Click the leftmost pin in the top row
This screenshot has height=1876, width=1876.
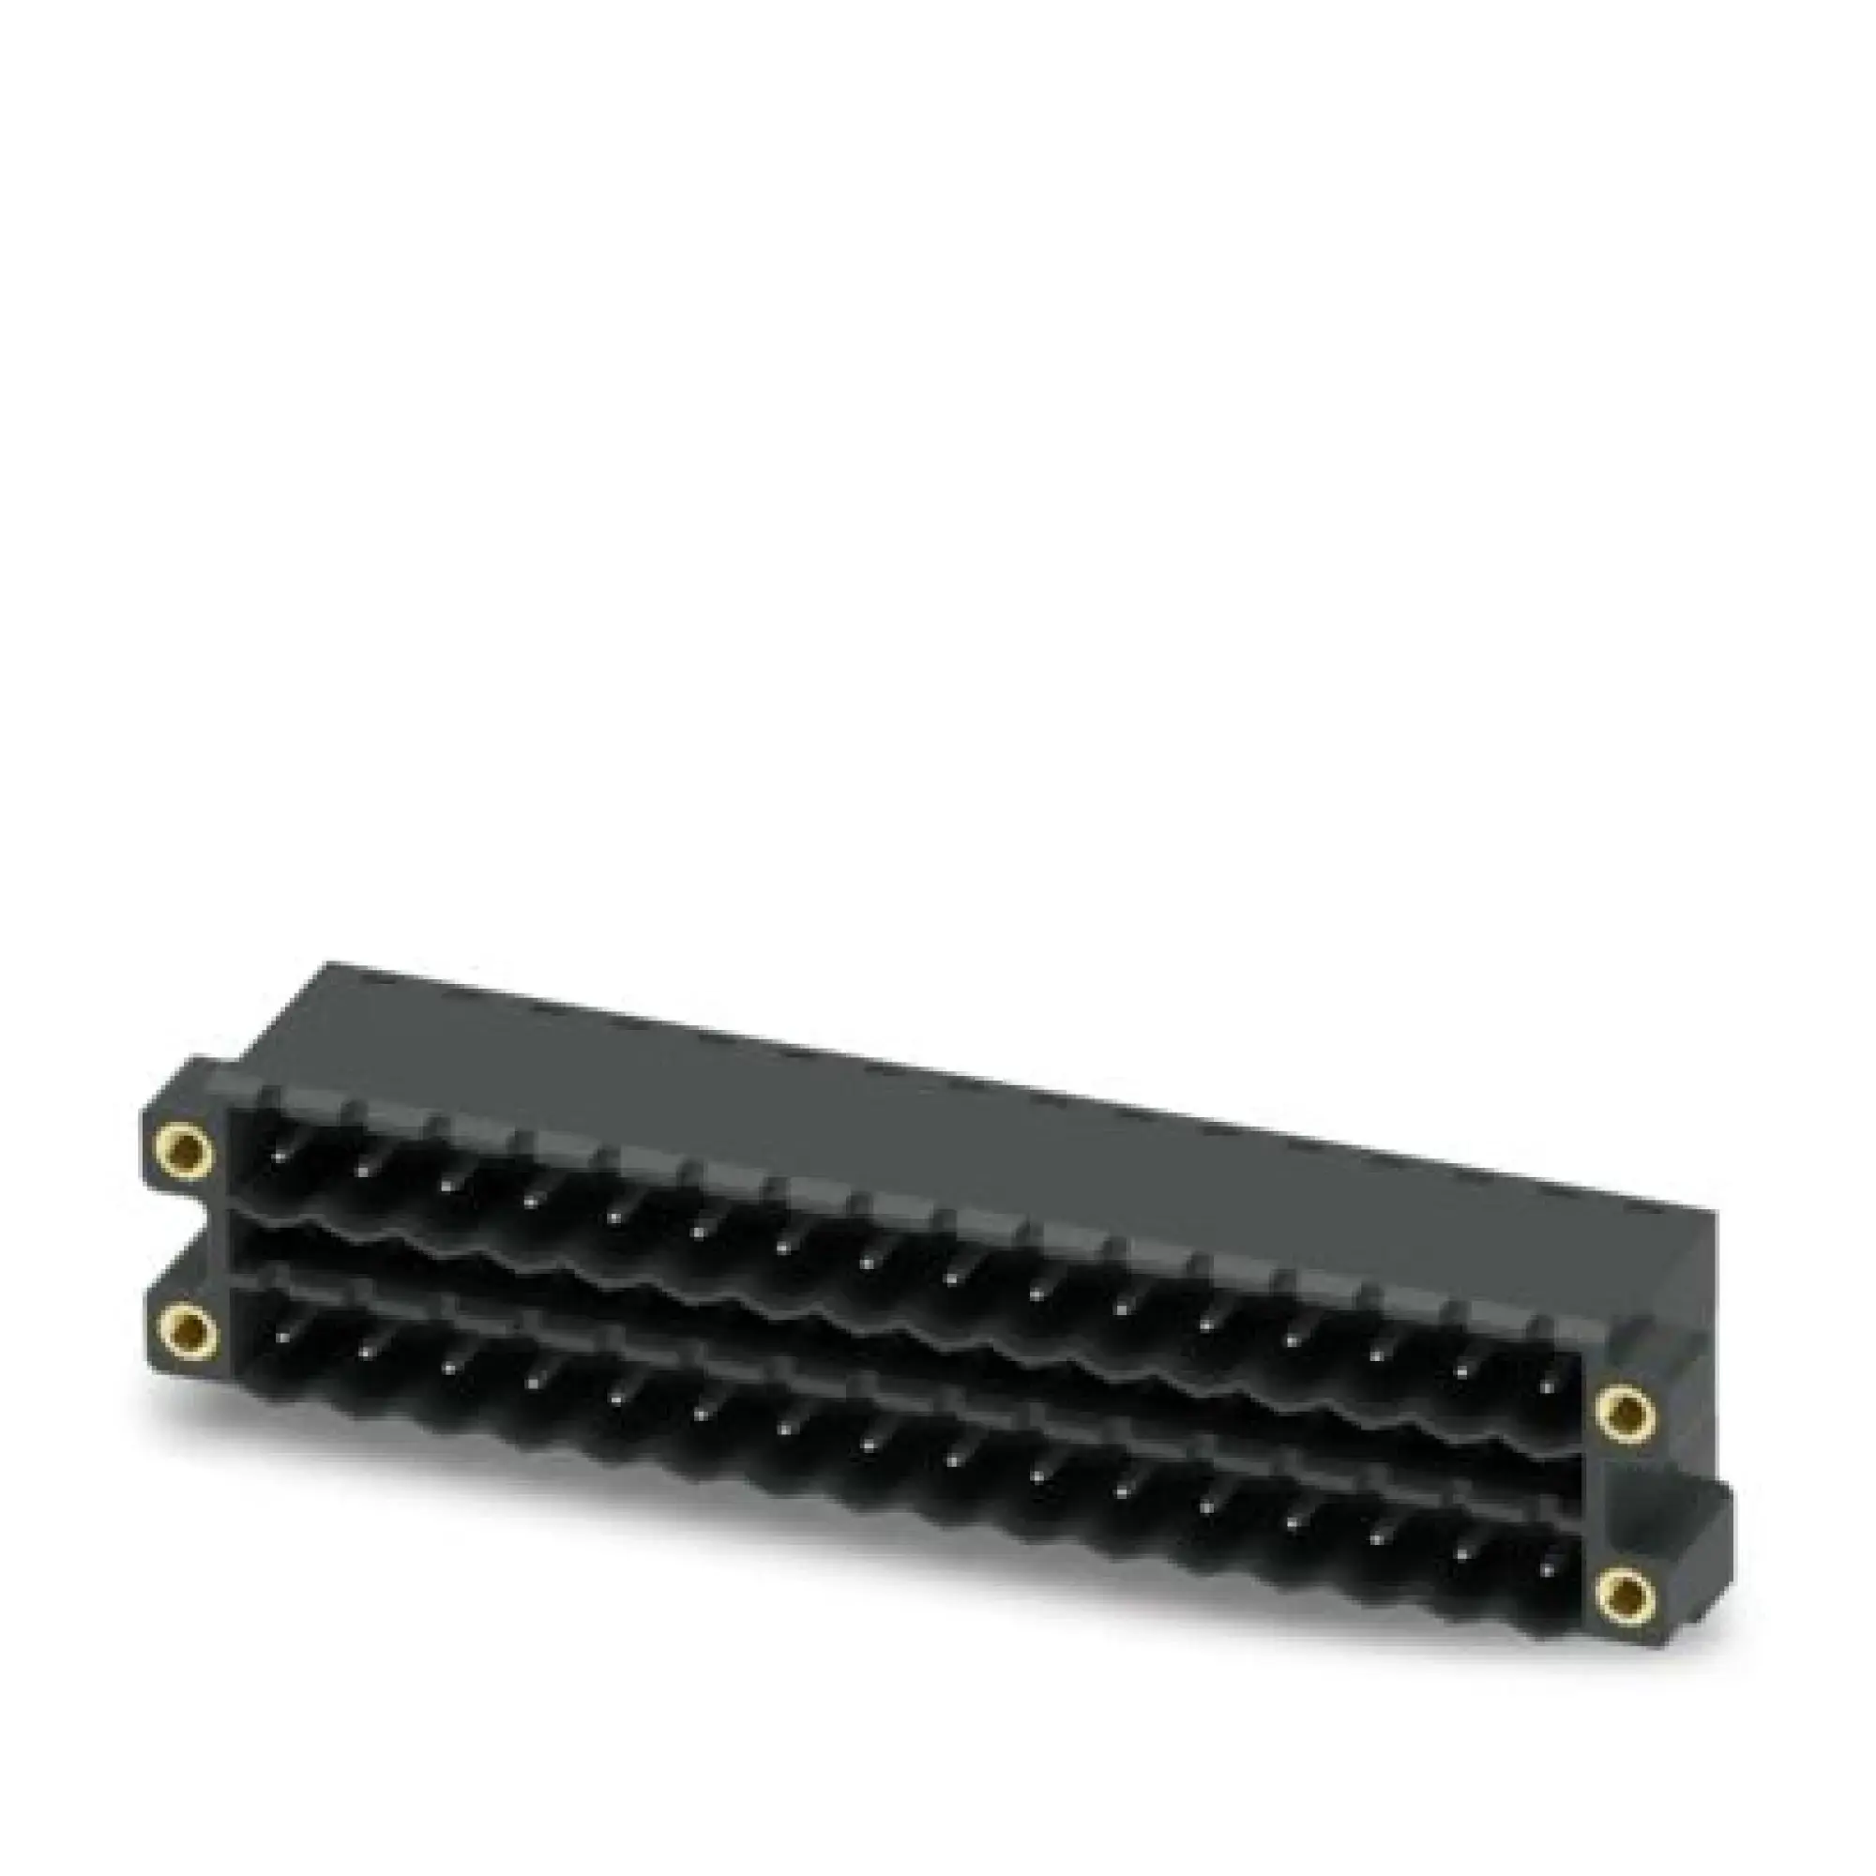tap(280, 1157)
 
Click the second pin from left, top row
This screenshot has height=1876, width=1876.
tap(363, 1169)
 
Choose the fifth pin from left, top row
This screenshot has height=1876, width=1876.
tap(615, 1216)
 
